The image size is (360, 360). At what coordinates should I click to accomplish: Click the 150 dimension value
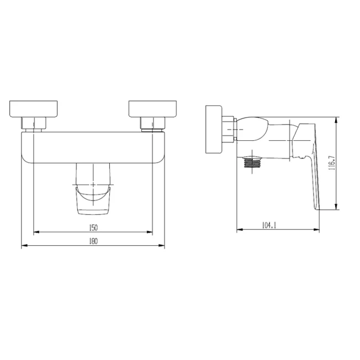93,227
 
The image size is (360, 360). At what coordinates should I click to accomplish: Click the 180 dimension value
93,241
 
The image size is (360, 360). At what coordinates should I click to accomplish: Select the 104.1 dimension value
269,225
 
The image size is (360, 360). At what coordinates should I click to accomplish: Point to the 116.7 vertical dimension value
332,163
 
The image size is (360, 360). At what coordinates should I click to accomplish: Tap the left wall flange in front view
33,109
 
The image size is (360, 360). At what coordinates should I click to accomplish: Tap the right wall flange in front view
153,109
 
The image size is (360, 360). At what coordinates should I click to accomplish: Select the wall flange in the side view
214,130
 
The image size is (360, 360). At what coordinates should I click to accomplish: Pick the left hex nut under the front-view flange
34,123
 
